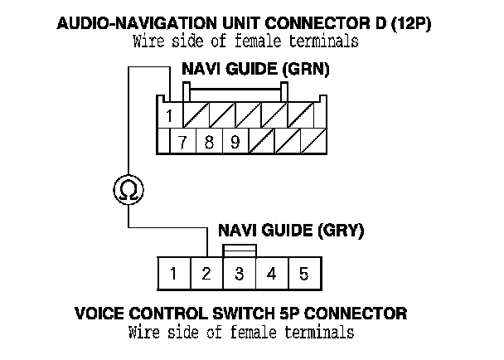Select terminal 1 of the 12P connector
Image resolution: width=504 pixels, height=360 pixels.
[169, 115]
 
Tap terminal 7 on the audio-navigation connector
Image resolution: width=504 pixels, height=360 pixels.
[183, 141]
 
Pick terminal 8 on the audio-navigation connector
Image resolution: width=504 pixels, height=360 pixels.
[209, 141]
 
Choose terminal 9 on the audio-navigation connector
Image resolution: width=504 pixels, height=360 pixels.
[235, 141]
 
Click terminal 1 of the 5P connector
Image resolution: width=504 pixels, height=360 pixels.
[173, 273]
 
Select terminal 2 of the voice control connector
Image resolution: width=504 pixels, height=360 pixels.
[206, 273]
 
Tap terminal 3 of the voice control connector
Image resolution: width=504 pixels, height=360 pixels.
[239, 273]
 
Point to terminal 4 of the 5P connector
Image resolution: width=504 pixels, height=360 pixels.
[271, 273]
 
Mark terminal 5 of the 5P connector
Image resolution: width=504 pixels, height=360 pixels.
[303, 273]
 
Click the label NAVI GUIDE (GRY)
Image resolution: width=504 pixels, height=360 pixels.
[290, 231]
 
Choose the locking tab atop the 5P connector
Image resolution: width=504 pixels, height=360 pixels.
[239, 251]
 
